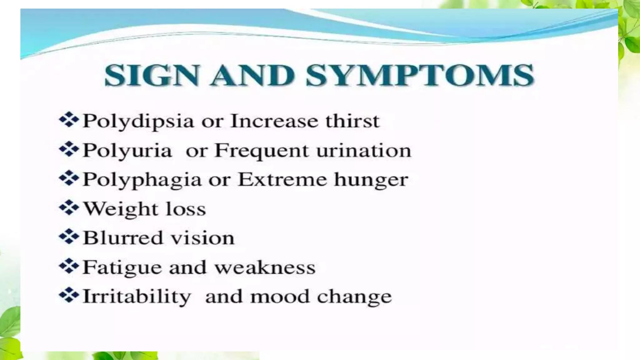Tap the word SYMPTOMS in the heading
pos(420,75)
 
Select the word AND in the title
pos(252,75)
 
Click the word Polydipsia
pos(138,121)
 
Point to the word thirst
pos(352,121)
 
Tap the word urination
pos(363,151)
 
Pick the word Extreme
pos(282,180)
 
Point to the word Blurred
pos(123,238)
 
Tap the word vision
pos(203,238)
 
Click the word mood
pos(280,297)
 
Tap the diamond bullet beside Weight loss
pos(69,208)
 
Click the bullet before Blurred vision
pos(69,237)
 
